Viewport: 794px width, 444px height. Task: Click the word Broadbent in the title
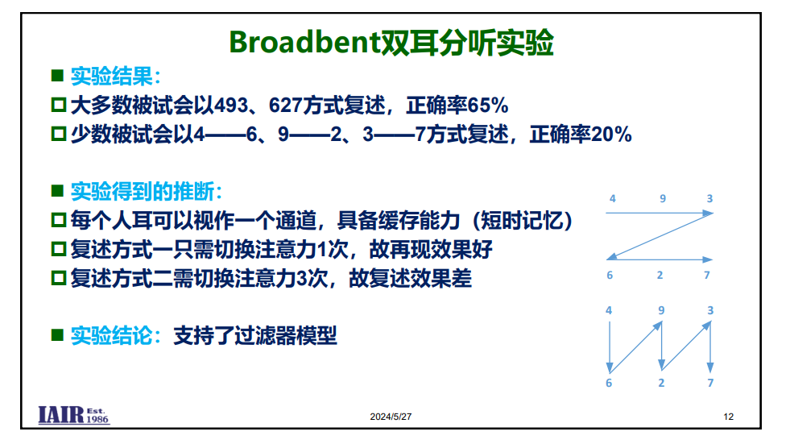pyautogui.click(x=304, y=42)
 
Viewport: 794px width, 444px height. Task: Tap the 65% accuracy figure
pyautogui.click(x=488, y=106)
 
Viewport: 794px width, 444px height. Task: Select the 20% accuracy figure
pyautogui.click(x=611, y=135)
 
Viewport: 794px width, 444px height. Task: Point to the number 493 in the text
pyautogui.click(x=231, y=106)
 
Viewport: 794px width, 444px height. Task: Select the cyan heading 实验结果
pyautogui.click(x=111, y=77)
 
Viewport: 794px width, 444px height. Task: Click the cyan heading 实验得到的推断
pyautogui.click(x=143, y=192)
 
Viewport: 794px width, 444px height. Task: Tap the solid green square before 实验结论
pyautogui.click(x=57, y=335)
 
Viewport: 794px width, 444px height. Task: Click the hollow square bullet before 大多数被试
pyautogui.click(x=59, y=105)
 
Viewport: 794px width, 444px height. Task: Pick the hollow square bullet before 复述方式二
pyautogui.click(x=59, y=278)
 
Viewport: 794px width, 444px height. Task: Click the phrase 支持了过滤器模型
pyautogui.click(x=255, y=335)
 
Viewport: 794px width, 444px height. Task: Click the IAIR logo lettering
pyautogui.click(x=60, y=415)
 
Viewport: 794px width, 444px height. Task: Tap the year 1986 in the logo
pyautogui.click(x=97, y=419)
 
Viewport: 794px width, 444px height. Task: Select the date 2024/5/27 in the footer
pyautogui.click(x=391, y=417)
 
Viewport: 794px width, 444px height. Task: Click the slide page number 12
pyautogui.click(x=728, y=417)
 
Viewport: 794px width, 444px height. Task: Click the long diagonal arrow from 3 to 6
pyautogui.click(x=660, y=236)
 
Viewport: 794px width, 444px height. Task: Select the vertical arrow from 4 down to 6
pyautogui.click(x=610, y=347)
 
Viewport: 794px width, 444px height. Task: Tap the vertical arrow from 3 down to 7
pyautogui.click(x=710, y=347)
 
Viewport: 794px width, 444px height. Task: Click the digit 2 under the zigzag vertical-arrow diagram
pyautogui.click(x=661, y=384)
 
